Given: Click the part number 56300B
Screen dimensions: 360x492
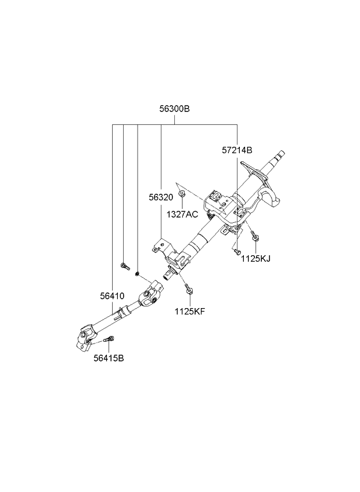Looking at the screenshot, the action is [x=174, y=109].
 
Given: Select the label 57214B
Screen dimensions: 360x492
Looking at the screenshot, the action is [x=237, y=150].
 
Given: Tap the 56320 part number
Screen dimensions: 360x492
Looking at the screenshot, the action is [x=161, y=197].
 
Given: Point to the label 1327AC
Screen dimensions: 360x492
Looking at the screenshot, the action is [x=182, y=214].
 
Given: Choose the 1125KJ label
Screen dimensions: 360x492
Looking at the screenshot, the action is [x=255, y=258].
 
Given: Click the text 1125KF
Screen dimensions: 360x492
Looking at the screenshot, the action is [x=190, y=311].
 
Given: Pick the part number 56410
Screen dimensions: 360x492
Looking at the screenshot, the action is [x=112, y=296].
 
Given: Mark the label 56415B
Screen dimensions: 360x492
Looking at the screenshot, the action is [x=109, y=358].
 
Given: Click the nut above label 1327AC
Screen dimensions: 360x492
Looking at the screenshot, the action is [x=182, y=194].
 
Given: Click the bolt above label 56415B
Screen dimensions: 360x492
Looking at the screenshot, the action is [x=109, y=339].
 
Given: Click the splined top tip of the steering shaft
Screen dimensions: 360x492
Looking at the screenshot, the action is [x=280, y=154].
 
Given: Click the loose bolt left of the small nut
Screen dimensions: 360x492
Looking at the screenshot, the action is [x=125, y=266].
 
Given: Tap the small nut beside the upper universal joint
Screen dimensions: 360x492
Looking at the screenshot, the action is [x=137, y=274].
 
